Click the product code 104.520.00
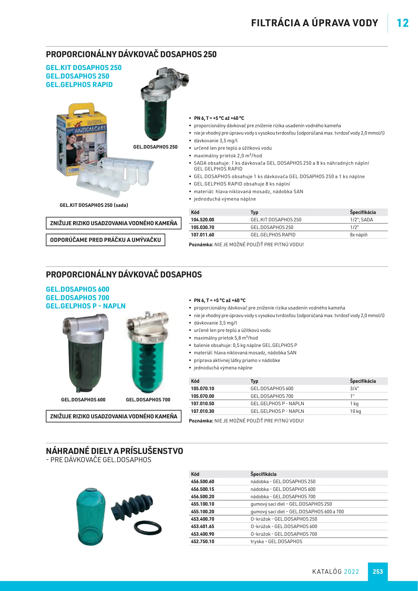[x=202, y=220]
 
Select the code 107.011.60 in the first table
[x=202, y=235]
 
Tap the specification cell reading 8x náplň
[x=359, y=235]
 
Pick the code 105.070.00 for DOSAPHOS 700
[x=202, y=396]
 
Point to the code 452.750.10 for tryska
[x=202, y=541]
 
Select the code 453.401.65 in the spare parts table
[x=202, y=526]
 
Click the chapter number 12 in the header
[x=402, y=23]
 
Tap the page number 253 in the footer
[x=378, y=572]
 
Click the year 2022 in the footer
[x=351, y=572]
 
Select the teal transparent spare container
[x=90, y=517]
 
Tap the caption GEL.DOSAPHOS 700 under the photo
[x=148, y=400]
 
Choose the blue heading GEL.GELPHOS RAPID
[x=79, y=85]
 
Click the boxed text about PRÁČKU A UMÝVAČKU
[x=105, y=240]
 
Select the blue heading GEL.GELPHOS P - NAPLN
[x=86, y=306]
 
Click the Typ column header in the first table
[x=254, y=212]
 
